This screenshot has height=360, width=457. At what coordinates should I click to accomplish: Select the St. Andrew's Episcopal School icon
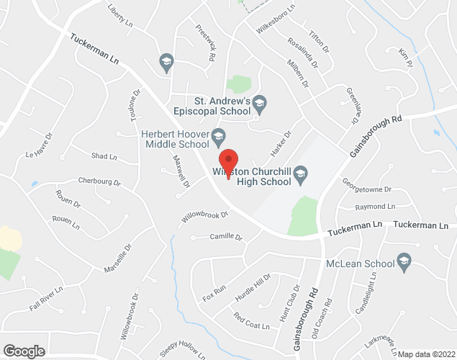(x=261, y=105)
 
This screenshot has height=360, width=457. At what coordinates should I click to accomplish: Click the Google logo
(x=23, y=351)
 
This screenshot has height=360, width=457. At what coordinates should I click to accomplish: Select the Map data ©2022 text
(x=425, y=354)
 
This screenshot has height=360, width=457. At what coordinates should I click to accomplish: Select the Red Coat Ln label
(x=250, y=320)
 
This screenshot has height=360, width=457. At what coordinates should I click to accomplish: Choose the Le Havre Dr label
(x=40, y=145)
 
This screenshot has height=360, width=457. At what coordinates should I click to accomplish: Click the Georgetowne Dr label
(x=366, y=189)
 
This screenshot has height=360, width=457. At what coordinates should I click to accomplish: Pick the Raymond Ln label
(x=375, y=207)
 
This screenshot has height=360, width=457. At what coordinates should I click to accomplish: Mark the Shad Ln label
(x=104, y=156)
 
